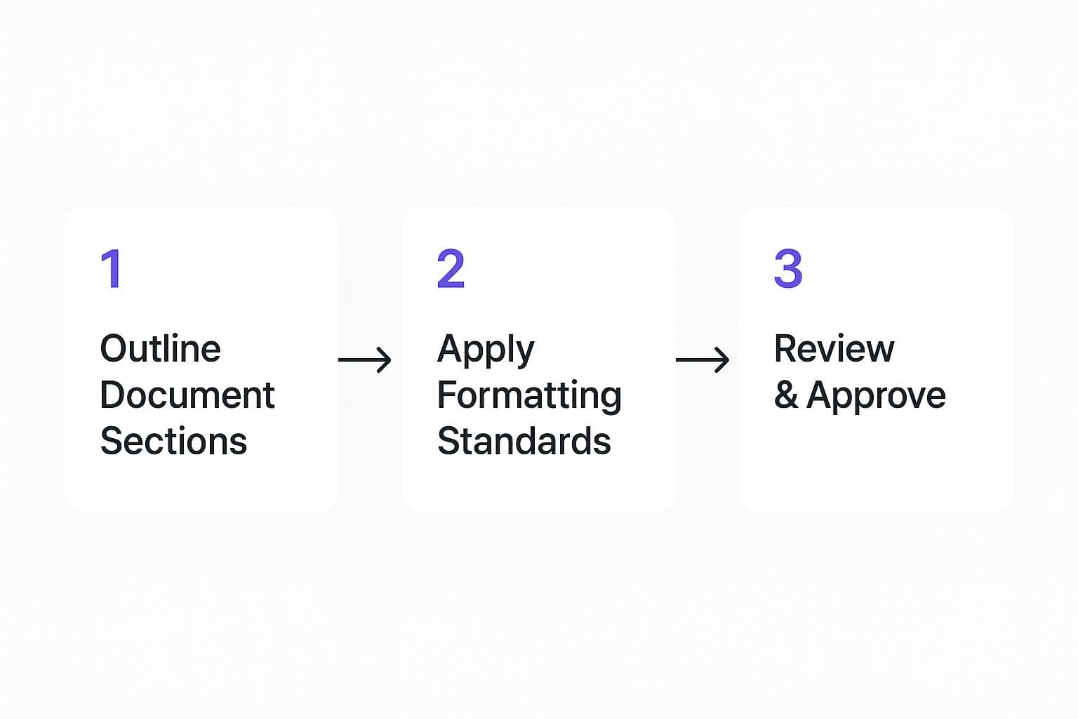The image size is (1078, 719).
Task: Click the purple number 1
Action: click(112, 268)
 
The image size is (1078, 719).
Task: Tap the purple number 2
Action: click(451, 268)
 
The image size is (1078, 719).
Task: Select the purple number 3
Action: click(788, 268)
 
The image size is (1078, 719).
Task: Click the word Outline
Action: click(160, 348)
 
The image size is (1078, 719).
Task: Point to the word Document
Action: click(187, 395)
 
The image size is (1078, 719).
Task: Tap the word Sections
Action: click(173, 441)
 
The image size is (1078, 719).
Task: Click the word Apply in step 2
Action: click(486, 350)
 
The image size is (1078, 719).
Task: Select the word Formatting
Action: click(529, 396)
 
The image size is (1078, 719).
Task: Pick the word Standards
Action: click(524, 441)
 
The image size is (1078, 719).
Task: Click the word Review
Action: click(834, 348)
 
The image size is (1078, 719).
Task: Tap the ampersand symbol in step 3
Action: click(785, 395)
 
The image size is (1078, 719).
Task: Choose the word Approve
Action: click(876, 397)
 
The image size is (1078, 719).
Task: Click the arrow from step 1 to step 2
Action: click(365, 359)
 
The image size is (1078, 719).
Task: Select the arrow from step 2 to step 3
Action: click(703, 359)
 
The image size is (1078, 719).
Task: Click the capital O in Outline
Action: click(114, 348)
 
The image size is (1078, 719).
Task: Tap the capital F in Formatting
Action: click(446, 395)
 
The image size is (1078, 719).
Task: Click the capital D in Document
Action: click(112, 395)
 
